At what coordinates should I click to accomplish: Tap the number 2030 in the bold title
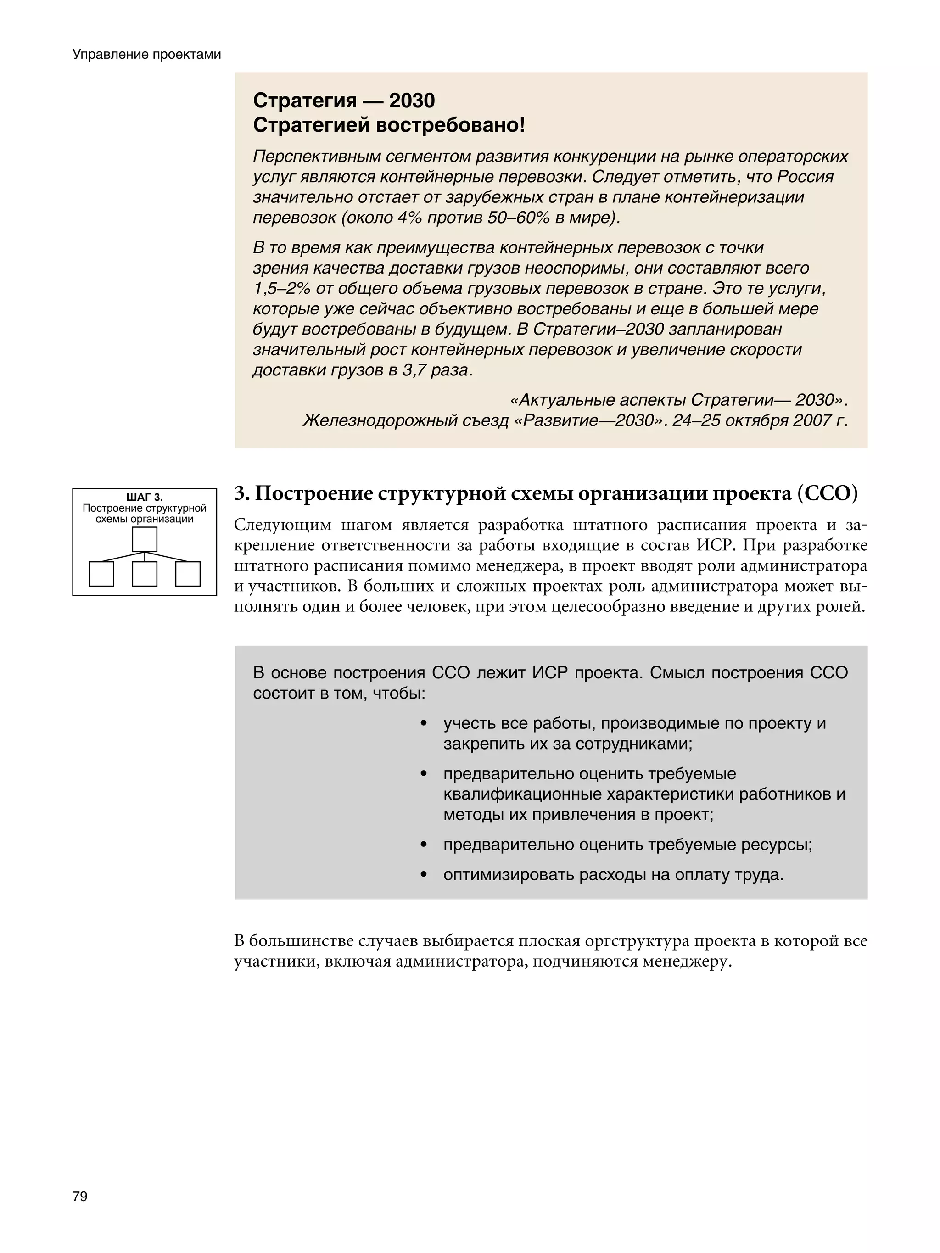[412, 101]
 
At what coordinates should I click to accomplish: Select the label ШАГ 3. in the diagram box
[144, 498]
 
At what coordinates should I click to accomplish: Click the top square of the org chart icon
[145, 539]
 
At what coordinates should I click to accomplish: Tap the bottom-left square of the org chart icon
[101, 574]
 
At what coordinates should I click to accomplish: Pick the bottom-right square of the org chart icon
[188, 574]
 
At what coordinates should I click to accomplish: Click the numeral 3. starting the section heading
[242, 494]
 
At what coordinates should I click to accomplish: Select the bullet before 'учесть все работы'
[423, 723]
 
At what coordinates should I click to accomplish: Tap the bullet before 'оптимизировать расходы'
[423, 875]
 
